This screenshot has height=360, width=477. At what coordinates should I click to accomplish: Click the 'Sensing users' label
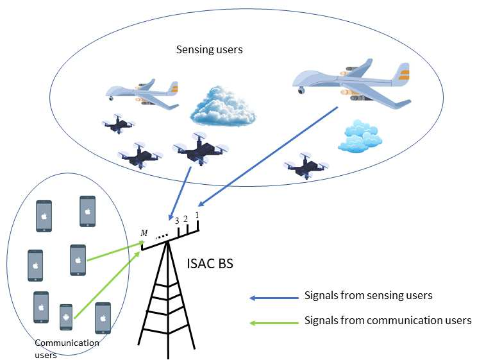[x=210, y=49]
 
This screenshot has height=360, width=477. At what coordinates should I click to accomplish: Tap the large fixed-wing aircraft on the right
[x=351, y=81]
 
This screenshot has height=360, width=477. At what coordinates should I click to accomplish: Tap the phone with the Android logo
[x=65, y=316]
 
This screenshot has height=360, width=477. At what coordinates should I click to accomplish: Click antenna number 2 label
[x=185, y=219]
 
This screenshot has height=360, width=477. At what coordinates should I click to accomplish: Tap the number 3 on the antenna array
[x=177, y=222]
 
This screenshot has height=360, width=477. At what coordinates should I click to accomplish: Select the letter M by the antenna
[x=144, y=233]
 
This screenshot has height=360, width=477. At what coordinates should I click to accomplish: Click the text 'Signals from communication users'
[x=387, y=320]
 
